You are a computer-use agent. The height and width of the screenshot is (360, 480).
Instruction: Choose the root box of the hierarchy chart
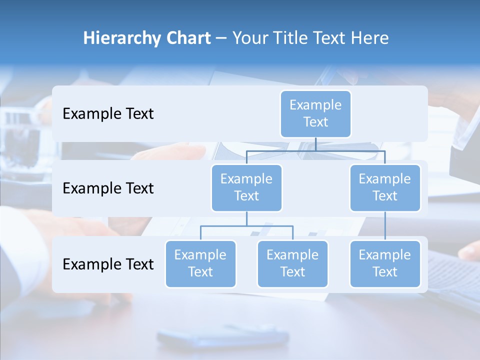[315, 113]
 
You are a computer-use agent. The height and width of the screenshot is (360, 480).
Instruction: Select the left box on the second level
[246, 187]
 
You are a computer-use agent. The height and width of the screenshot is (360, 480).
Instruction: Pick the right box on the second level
[385, 187]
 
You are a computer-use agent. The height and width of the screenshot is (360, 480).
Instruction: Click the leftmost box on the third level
[200, 263]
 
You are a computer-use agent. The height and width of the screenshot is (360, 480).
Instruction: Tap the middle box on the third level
[292, 263]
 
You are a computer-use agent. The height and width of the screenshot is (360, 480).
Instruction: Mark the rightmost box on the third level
[385, 263]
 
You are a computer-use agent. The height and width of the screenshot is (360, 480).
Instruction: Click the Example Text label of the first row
[108, 114]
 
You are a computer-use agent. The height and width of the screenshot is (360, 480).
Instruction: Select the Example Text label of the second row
[108, 188]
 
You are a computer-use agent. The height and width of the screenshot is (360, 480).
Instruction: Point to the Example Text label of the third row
[108, 264]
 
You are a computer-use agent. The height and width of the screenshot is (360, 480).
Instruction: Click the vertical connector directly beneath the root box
[315, 144]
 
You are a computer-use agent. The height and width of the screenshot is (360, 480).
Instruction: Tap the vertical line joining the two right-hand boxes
[385, 226]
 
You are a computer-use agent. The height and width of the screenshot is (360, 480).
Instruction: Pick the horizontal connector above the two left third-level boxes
[246, 226]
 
